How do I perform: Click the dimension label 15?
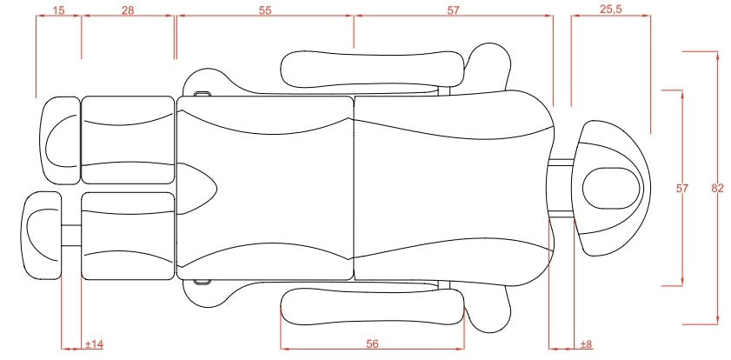point(58,10)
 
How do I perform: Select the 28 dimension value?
point(129,10)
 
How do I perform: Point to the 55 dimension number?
point(265,10)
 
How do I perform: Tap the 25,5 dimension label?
point(610,10)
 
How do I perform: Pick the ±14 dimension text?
point(94,344)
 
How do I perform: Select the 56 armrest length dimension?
point(372,344)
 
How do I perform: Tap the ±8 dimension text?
point(585,344)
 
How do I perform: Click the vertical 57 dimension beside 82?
point(682,188)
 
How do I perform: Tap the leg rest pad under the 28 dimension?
point(128,139)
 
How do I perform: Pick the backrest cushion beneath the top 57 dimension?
point(452,187)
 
